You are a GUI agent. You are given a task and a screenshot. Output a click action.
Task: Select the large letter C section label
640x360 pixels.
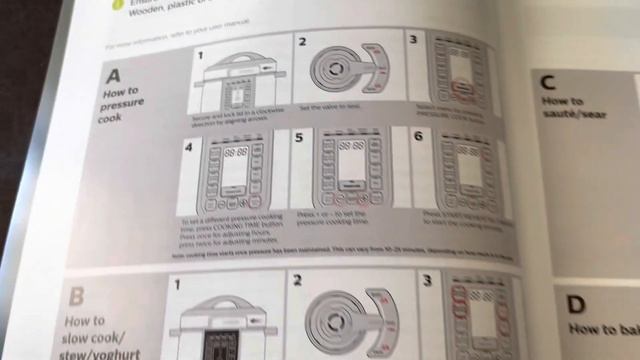point(548,83)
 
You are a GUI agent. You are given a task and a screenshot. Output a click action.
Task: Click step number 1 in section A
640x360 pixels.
point(198,56)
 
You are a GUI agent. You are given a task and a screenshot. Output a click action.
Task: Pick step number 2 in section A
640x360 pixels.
point(301,45)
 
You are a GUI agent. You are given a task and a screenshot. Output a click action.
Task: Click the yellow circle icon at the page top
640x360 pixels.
point(117,3)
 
